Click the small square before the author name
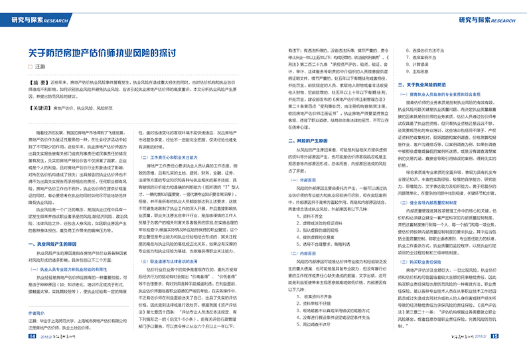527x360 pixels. tap(30, 68)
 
